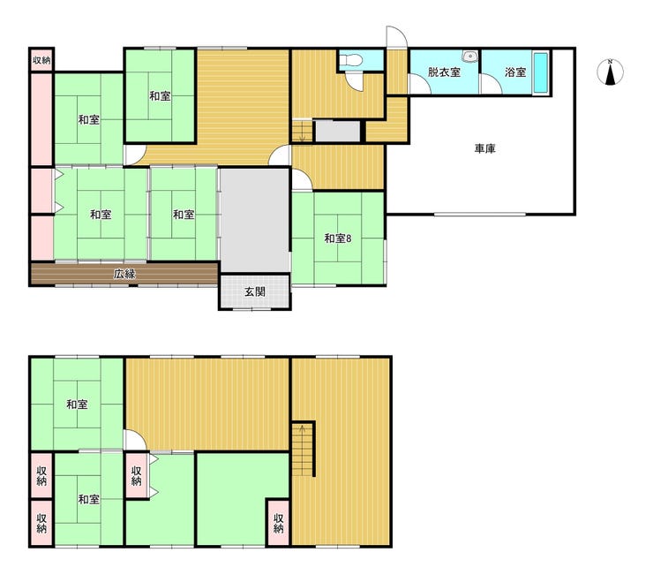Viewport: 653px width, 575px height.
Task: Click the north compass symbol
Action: tap(610, 72)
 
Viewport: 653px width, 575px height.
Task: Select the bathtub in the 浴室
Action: tap(541, 72)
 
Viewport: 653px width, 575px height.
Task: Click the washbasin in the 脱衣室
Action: tap(469, 56)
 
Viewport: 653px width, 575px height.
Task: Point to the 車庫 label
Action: tap(484, 148)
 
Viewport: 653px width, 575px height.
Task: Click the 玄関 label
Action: tap(254, 291)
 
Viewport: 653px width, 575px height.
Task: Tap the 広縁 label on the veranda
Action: tap(124, 274)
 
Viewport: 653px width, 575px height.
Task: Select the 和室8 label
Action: tap(338, 238)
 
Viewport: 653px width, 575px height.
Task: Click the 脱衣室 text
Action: tap(444, 72)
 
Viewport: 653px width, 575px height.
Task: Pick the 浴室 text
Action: tap(515, 72)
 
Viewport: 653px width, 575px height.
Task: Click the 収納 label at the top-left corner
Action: tap(41, 60)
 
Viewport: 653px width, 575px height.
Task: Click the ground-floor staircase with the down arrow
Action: tap(302, 131)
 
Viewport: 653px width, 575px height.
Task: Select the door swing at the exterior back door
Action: tap(396, 37)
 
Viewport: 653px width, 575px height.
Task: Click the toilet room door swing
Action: tap(356, 81)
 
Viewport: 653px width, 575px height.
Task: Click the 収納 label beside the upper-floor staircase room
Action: tap(278, 523)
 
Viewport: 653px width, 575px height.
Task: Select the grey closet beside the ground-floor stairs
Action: tap(337, 132)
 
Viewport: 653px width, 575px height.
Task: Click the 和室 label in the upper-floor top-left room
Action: tap(77, 404)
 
